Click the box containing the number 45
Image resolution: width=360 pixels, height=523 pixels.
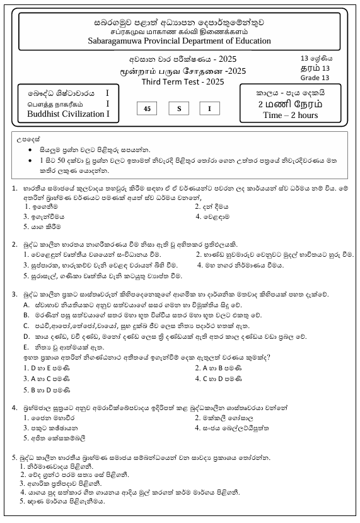[x=147, y=109]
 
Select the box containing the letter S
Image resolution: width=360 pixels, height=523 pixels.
[x=178, y=109]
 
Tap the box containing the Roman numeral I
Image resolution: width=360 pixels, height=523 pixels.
[x=210, y=109]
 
